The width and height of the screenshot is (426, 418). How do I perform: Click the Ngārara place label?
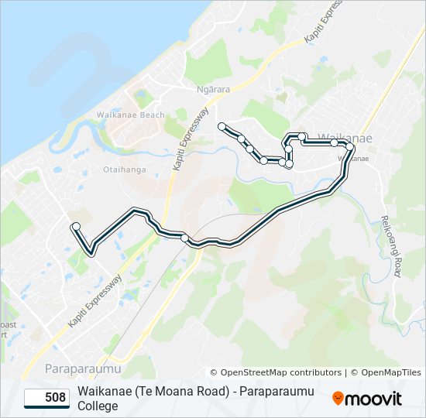click(215, 89)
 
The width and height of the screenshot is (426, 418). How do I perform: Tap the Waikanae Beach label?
click(131, 115)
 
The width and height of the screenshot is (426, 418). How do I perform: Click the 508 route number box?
click(47, 399)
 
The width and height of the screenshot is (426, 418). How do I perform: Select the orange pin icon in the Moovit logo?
click(338, 399)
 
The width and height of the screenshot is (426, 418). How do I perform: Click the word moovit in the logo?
click(373, 399)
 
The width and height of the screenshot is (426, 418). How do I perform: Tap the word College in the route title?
click(98, 406)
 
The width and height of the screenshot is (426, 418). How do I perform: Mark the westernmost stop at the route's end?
click(76, 226)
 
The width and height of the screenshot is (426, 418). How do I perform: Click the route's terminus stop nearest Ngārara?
click(222, 125)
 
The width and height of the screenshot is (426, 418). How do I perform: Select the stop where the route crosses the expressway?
click(184, 238)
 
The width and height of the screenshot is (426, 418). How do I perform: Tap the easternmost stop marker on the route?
click(350, 146)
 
